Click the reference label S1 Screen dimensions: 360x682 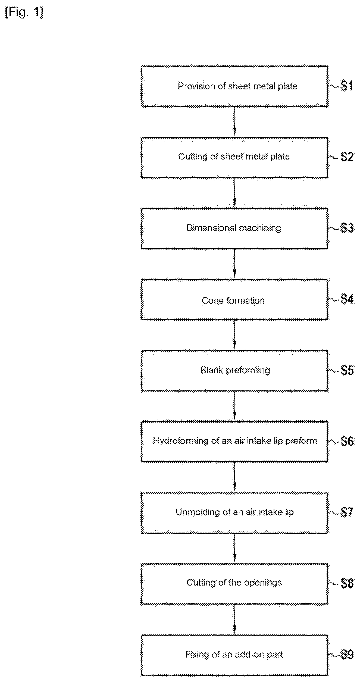[x=347, y=86]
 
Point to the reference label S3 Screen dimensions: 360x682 [x=347, y=228]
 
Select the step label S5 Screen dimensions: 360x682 [x=347, y=371]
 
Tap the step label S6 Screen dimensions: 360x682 [x=347, y=442]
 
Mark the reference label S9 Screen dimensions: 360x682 [x=347, y=655]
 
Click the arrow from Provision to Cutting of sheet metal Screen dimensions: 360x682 [x=235, y=122]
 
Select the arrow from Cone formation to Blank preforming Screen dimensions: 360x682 [x=235, y=335]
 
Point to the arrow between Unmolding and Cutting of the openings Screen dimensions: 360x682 [x=235, y=548]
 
